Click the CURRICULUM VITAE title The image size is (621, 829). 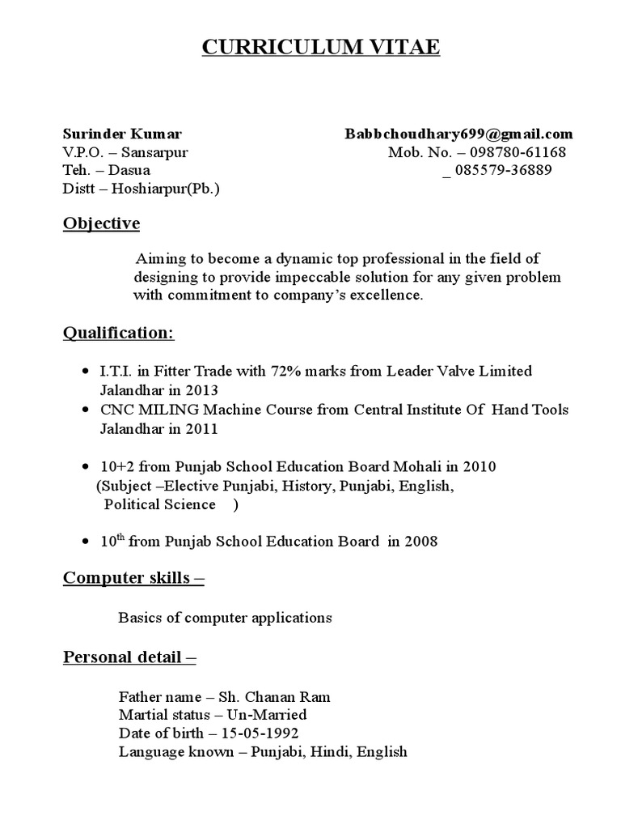tap(320, 48)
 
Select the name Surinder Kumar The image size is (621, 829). tap(122, 134)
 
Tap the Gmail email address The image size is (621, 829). tap(458, 134)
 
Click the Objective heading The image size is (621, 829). tap(101, 223)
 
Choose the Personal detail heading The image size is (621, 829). tap(129, 657)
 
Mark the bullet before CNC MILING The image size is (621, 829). tap(87, 410)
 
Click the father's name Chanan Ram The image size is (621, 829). tap(290, 696)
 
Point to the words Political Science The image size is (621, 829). tap(160, 504)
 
